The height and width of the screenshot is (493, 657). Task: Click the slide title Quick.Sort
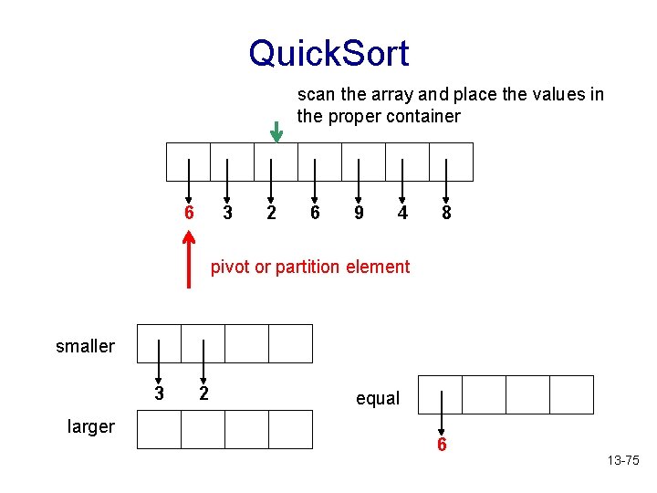[328, 53]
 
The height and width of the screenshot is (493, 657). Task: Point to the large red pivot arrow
[189, 259]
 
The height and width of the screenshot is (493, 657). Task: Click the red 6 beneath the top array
[189, 213]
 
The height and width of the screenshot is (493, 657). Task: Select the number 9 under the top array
[360, 213]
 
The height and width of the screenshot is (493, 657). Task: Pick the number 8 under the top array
[446, 213]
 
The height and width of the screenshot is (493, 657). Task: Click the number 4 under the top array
[402, 213]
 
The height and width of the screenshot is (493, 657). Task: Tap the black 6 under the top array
[315, 213]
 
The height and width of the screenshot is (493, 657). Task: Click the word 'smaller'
[85, 346]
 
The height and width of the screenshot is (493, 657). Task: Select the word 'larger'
[91, 426]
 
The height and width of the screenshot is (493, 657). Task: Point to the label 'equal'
[378, 398]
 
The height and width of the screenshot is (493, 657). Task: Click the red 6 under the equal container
[442, 446]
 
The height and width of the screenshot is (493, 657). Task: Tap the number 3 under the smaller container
[159, 394]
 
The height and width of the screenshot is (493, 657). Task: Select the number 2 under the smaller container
[203, 394]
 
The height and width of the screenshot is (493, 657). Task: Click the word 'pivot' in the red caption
[230, 267]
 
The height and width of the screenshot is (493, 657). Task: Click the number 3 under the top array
[228, 213]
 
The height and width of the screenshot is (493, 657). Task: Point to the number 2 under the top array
[271, 213]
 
